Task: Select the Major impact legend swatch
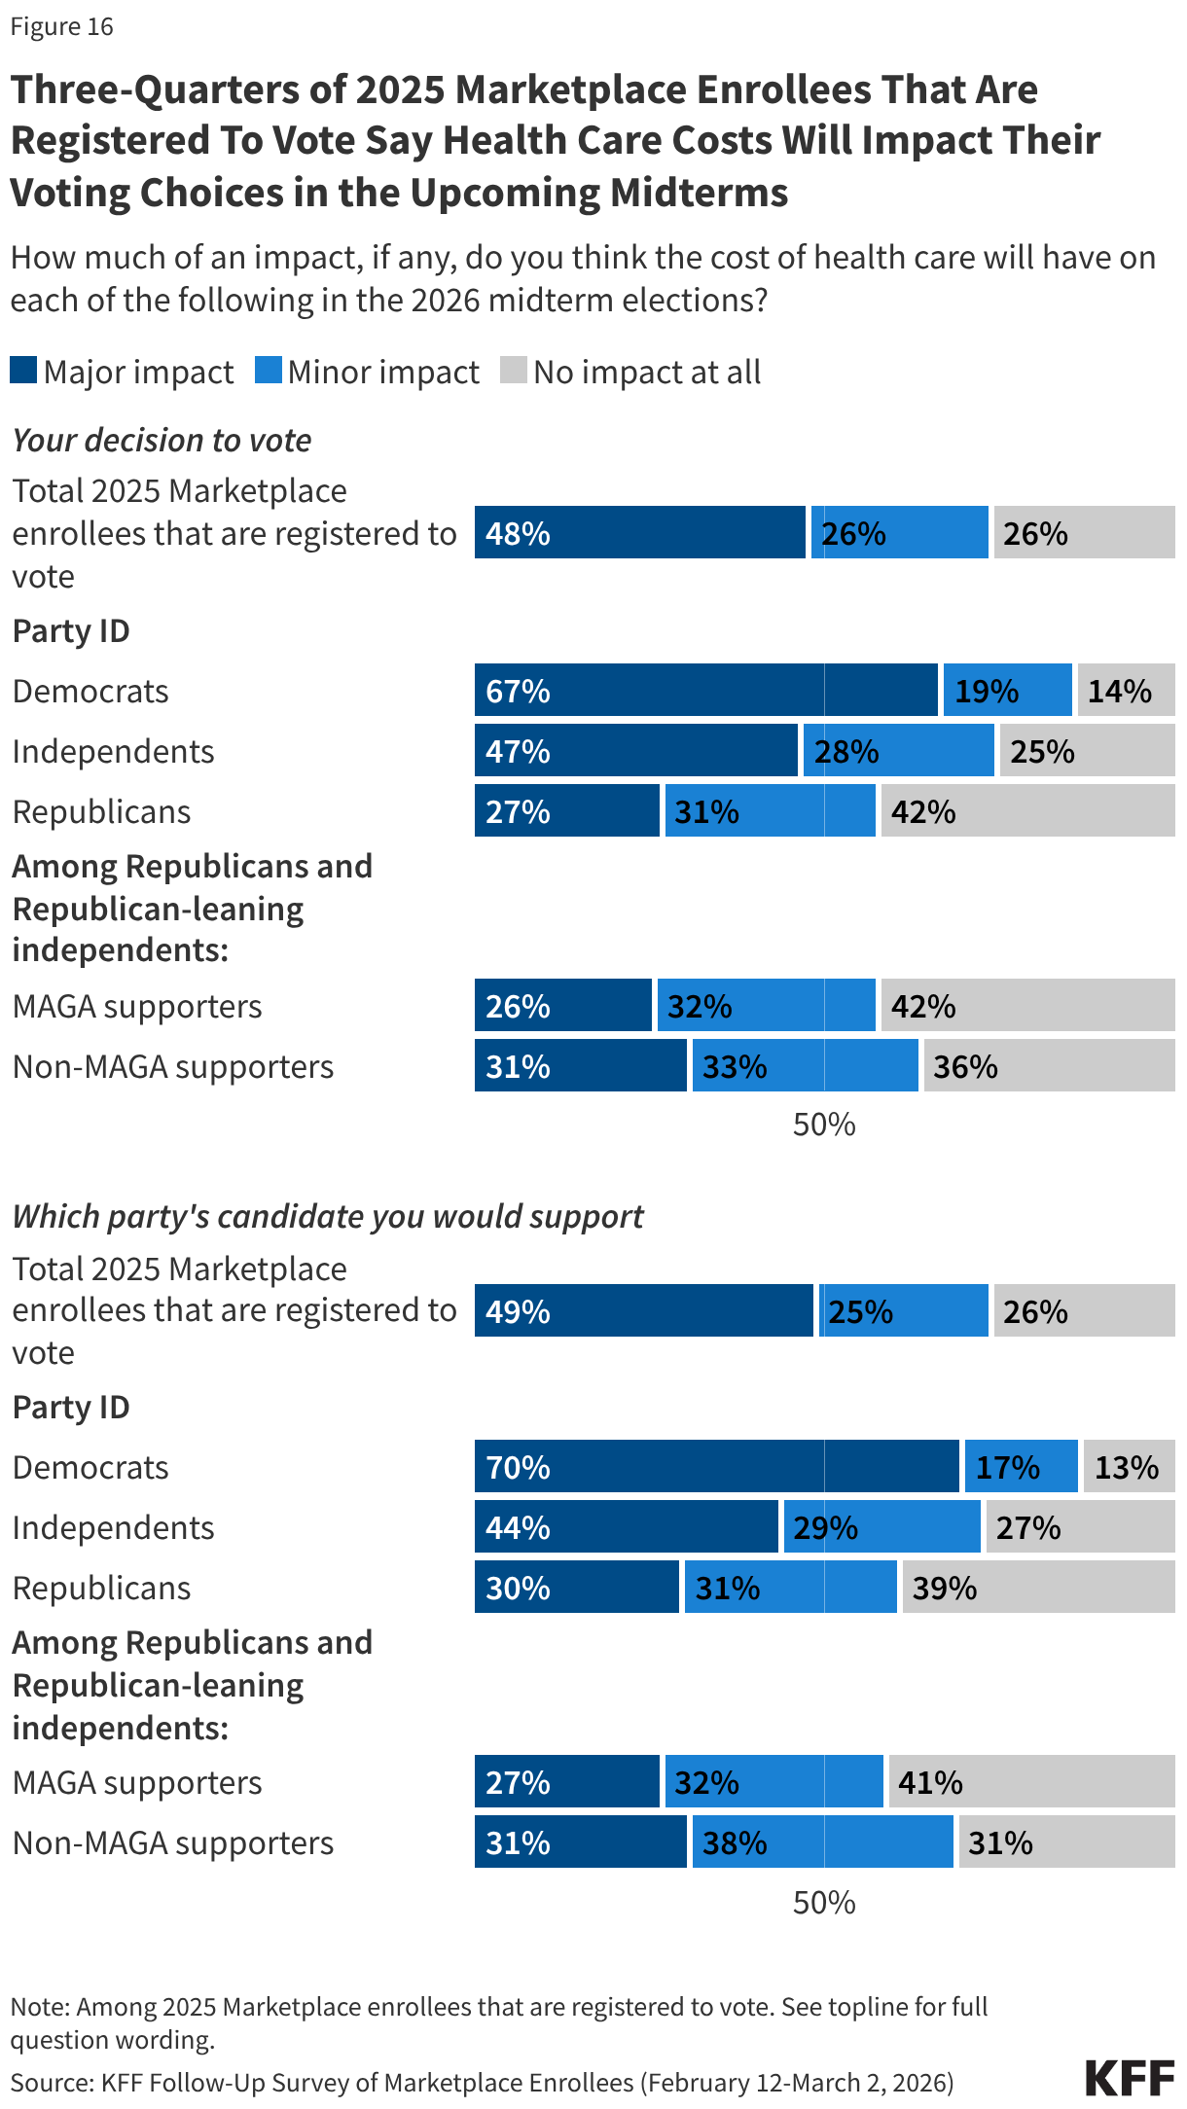[23, 371]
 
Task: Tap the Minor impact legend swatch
[268, 371]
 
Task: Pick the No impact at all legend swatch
[513, 371]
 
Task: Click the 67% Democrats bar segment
[705, 691]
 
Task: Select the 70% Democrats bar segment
[716, 1467]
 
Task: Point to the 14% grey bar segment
[1126, 691]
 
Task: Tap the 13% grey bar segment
[1129, 1467]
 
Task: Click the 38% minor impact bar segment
[822, 1842]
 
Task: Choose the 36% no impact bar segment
[1049, 1066]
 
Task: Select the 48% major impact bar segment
[639, 533]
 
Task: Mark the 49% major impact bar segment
[643, 1311]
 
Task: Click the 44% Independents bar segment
[626, 1527]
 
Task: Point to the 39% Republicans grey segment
[1038, 1588]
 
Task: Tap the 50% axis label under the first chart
[824, 1125]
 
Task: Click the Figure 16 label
[61, 26]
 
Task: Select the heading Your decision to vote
[162, 440]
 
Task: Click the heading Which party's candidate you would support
[328, 1216]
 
